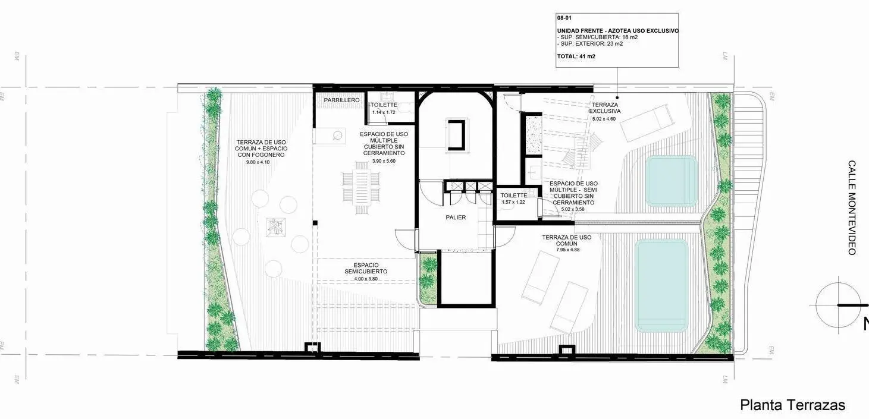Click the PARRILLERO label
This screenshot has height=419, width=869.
tap(342, 100)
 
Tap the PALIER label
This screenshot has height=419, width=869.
tap(456, 218)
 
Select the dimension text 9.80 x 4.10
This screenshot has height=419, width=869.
tap(258, 162)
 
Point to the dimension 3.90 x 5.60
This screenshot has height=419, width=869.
tap(384, 161)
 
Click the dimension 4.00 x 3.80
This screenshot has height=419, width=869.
tap(366, 279)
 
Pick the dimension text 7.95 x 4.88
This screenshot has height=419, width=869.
tap(568, 250)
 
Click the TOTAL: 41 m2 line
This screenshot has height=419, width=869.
tap(576, 56)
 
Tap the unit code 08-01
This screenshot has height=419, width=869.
tap(564, 18)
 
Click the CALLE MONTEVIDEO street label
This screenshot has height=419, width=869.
tap(852, 208)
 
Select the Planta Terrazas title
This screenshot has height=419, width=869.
tap(793, 405)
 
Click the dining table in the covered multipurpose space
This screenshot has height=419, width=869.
tap(362, 188)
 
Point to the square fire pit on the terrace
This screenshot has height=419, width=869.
tap(276, 227)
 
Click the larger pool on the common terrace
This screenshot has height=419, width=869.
tap(661, 286)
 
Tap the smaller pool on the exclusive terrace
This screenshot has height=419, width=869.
tap(672, 181)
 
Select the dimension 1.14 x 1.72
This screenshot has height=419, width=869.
tap(384, 112)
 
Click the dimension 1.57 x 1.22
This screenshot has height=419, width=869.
tap(513, 202)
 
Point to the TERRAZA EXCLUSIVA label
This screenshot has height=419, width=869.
tap(605, 108)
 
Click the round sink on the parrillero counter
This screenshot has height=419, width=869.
tap(338, 136)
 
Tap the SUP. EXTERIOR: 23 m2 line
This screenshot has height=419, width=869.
tap(590, 44)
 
